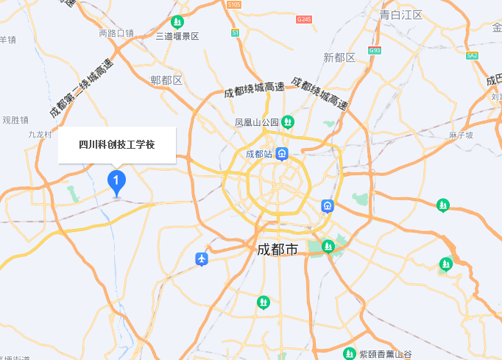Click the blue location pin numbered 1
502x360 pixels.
click(x=116, y=180)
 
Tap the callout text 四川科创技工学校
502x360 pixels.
click(x=117, y=145)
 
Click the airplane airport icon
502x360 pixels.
click(x=202, y=259)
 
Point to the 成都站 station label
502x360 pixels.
click(x=259, y=155)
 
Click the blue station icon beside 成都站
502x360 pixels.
click(x=283, y=155)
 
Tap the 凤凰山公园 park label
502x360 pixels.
click(x=257, y=122)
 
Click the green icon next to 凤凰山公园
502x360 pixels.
click(x=288, y=121)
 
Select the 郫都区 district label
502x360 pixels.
click(x=166, y=80)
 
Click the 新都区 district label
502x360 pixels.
click(x=339, y=57)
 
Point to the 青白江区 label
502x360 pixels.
click(x=400, y=15)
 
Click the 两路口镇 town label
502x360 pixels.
click(x=116, y=33)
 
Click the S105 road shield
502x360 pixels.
click(x=233, y=4)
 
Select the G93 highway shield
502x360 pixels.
click(x=375, y=51)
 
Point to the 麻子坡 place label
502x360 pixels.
click(x=460, y=135)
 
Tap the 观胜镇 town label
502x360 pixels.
click(x=15, y=119)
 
